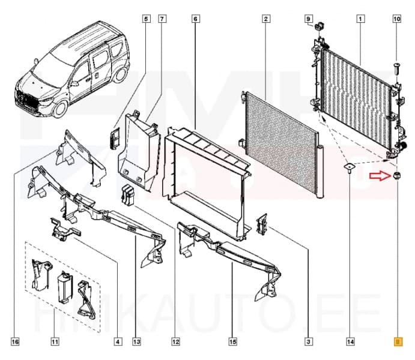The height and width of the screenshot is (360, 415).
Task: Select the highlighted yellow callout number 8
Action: [x=396, y=342]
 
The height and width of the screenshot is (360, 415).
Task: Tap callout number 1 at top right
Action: [x=360, y=19]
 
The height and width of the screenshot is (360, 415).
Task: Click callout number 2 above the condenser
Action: [x=265, y=19]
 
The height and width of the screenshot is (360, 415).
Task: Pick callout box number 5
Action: [x=146, y=19]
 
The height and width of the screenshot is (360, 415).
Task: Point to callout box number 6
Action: [x=195, y=19]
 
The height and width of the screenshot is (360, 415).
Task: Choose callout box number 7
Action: [x=162, y=19]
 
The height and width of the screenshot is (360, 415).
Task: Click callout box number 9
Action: [x=309, y=19]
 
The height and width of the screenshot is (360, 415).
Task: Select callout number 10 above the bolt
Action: [x=396, y=19]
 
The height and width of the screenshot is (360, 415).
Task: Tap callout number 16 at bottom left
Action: [x=16, y=342]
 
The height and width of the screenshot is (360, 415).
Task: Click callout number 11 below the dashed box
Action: [x=55, y=342]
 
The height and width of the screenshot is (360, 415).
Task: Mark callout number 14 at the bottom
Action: [x=350, y=342]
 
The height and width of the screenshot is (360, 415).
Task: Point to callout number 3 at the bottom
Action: [x=308, y=342]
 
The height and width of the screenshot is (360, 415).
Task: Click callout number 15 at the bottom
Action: [x=232, y=342]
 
